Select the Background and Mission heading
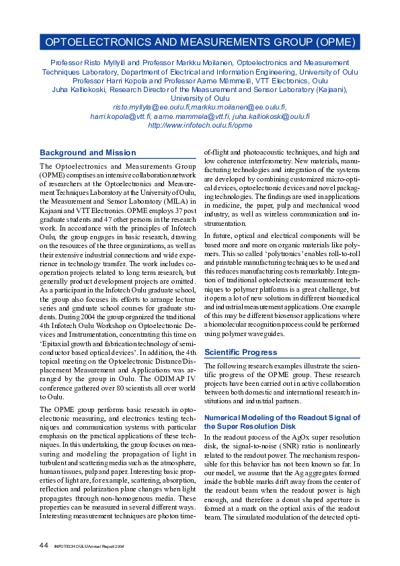tap(87, 153)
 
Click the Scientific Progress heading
tap(240, 352)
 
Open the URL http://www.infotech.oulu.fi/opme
tap(200, 125)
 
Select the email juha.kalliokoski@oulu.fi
tap(271, 116)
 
